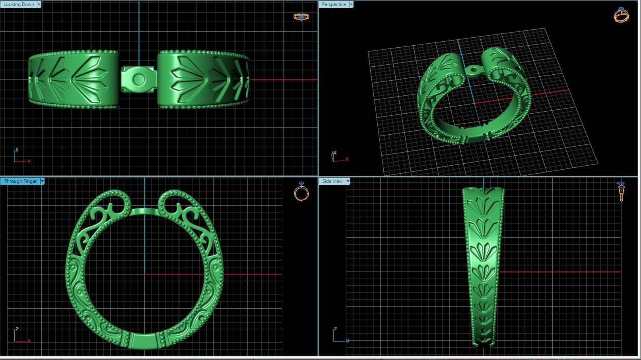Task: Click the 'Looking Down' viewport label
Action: pyautogui.click(x=18, y=4)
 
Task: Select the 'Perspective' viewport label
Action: pyautogui.click(x=334, y=4)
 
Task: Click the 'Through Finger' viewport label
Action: pyautogui.click(x=20, y=181)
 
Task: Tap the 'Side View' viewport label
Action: pyautogui.click(x=332, y=181)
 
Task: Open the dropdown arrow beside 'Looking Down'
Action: pyautogui.click(x=39, y=4)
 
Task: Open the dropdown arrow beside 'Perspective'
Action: pyautogui.click(x=351, y=4)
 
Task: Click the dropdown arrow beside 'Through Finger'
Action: pyautogui.click(x=42, y=181)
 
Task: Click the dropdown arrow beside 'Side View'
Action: pyautogui.click(x=348, y=181)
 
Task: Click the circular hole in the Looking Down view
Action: pyautogui.click(x=138, y=79)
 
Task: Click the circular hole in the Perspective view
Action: pyautogui.click(x=473, y=71)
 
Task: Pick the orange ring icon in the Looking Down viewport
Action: pyautogui.click(x=301, y=17)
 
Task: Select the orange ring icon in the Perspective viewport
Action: pyautogui.click(x=621, y=15)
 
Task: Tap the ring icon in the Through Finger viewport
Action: pyautogui.click(x=301, y=192)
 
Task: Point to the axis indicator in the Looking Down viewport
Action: pyautogui.click(x=20, y=157)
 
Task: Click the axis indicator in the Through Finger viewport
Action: pyautogui.click(x=20, y=336)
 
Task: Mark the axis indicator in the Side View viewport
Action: pyautogui.click(x=339, y=336)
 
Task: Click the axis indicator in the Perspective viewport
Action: pyautogui.click(x=338, y=157)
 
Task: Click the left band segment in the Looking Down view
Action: pyautogui.click(x=74, y=79)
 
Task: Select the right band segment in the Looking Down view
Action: pyautogui.click(x=203, y=79)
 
